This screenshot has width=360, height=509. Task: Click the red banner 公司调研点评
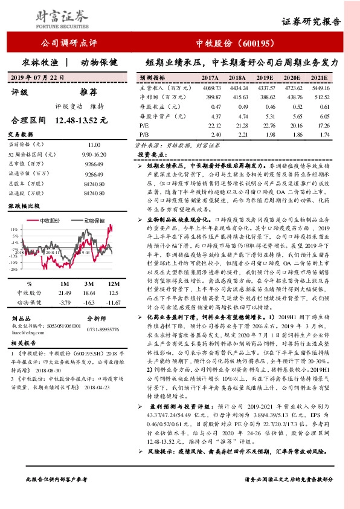click(68, 44)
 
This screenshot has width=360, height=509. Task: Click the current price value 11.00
click(94, 146)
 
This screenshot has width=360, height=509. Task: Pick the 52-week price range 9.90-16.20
click(94, 155)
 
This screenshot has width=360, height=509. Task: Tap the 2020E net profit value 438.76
click(291, 97)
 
